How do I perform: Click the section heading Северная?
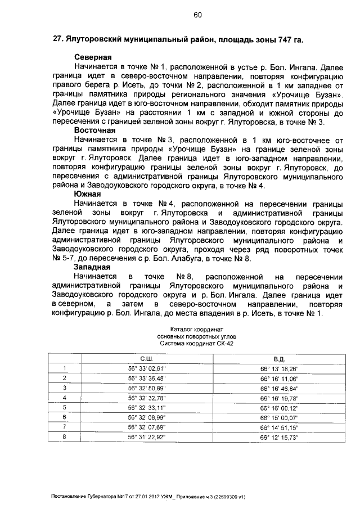[93, 57]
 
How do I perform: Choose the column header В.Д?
[279, 358]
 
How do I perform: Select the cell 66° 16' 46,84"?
[279, 388]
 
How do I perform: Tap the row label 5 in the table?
[65, 407]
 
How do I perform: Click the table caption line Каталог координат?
[197, 328]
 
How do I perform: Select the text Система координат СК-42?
[197, 342]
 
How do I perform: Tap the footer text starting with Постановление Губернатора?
[148, 497]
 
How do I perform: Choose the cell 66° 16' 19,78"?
[279, 397]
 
